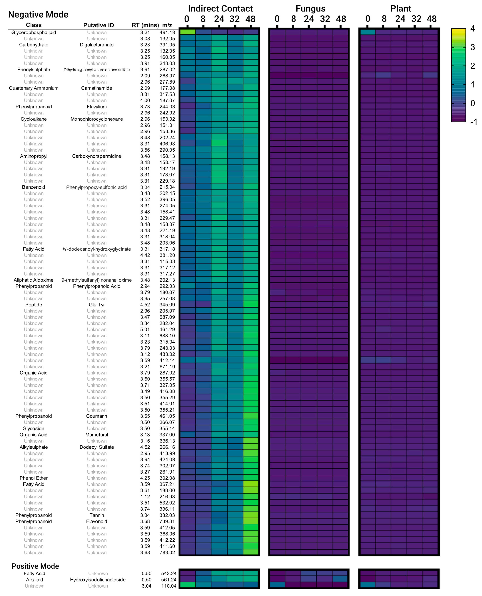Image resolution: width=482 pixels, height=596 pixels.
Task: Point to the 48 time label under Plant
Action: pos(431,19)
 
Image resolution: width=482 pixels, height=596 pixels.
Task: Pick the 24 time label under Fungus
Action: pos(309,19)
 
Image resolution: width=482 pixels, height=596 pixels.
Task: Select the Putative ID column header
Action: pos(99,25)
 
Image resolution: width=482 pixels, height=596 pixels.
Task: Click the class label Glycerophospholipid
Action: pos(34,33)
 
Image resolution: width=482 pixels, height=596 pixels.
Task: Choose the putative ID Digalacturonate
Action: pos(97,45)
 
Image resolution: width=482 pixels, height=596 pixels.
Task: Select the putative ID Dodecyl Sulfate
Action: pos(97,447)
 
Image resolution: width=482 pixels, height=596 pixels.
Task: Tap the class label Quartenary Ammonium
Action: pos(34,88)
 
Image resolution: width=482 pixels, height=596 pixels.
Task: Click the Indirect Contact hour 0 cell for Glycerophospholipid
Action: pos(187,32)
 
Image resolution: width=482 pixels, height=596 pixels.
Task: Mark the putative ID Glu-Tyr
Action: pos(97,305)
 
